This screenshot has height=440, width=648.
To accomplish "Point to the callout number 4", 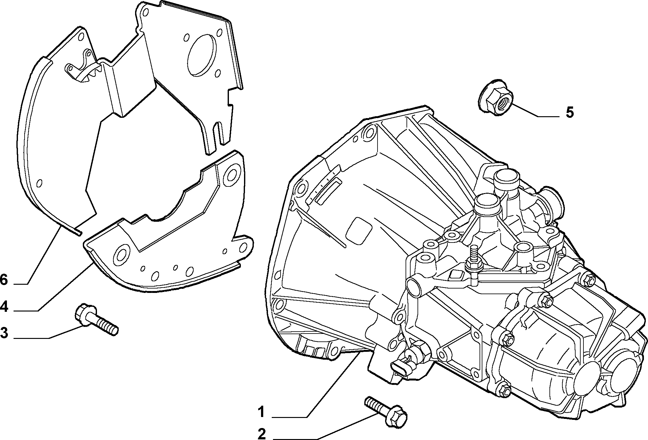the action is tap(4, 306).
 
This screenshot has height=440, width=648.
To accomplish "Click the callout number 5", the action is tap(570, 112).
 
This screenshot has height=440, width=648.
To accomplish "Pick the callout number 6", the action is tap(4, 279).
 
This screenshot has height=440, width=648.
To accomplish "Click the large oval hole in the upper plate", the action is tap(202, 57).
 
